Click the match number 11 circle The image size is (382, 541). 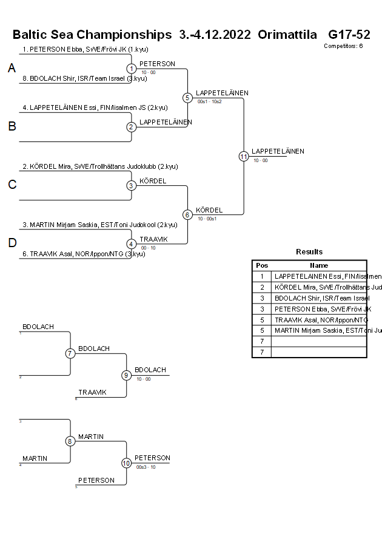[x=244, y=156]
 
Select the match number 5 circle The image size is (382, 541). [x=187, y=98]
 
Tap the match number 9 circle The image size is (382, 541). [x=127, y=375]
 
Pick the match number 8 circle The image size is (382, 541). [x=70, y=441]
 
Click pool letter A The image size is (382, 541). [x=12, y=69]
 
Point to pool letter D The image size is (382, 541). [x=12, y=243]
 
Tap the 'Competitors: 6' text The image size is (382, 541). [x=343, y=46]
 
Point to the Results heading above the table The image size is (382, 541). [x=309, y=252]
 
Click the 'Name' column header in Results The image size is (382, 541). [x=319, y=265]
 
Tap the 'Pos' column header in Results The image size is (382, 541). [x=262, y=265]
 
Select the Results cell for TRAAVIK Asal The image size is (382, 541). [x=319, y=320]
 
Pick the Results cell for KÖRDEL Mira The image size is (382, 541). [x=319, y=287]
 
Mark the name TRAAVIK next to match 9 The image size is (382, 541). [x=92, y=392]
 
